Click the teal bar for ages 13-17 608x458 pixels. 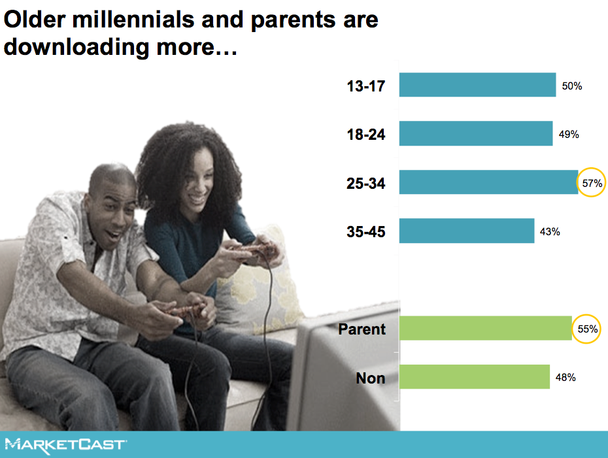(x=477, y=85)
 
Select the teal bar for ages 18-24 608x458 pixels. (x=476, y=134)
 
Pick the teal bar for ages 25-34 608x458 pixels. (x=488, y=182)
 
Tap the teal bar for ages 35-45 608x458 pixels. (x=467, y=231)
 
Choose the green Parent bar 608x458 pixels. (x=486, y=328)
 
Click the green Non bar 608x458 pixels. (x=475, y=376)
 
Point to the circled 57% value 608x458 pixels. (x=592, y=183)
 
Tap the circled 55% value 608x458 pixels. (x=587, y=329)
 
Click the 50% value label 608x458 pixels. (x=572, y=86)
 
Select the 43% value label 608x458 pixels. (x=550, y=232)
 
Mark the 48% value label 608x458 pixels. (x=566, y=378)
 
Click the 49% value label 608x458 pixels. (x=569, y=135)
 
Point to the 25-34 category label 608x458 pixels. (x=366, y=184)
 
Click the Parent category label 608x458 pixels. (x=362, y=329)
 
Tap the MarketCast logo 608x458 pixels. (x=66, y=445)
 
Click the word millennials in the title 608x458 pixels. (x=133, y=20)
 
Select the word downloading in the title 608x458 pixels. (x=76, y=47)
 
